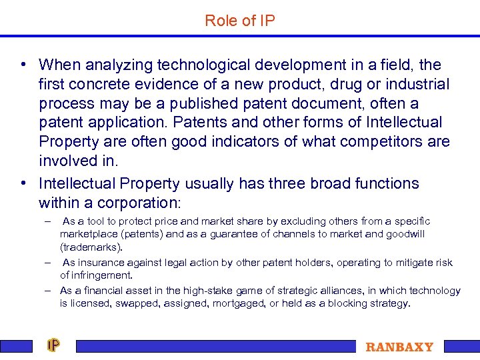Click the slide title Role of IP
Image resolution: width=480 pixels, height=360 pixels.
click(x=240, y=21)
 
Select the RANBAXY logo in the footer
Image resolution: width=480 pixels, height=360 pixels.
click(x=399, y=347)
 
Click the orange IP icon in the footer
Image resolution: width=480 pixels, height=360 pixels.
click(x=53, y=345)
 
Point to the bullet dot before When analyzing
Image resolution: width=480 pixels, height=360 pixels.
click(x=23, y=65)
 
